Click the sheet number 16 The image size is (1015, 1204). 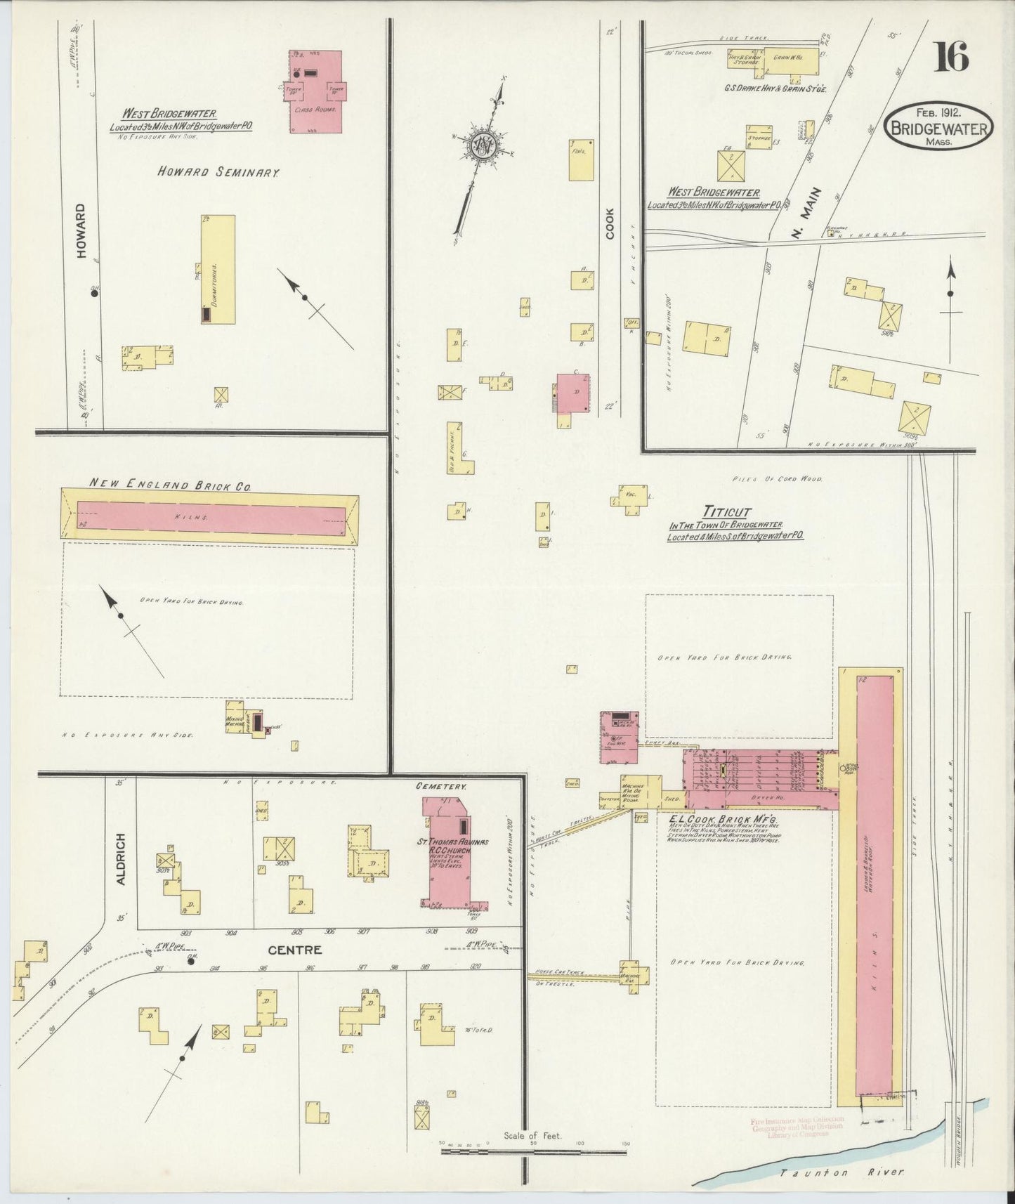pyautogui.click(x=951, y=57)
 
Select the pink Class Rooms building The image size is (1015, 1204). pyautogui.click(x=316, y=91)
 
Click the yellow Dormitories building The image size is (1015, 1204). pyautogui.click(x=218, y=269)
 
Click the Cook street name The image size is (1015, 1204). pyautogui.click(x=609, y=223)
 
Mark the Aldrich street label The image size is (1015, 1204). pyautogui.click(x=121, y=859)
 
